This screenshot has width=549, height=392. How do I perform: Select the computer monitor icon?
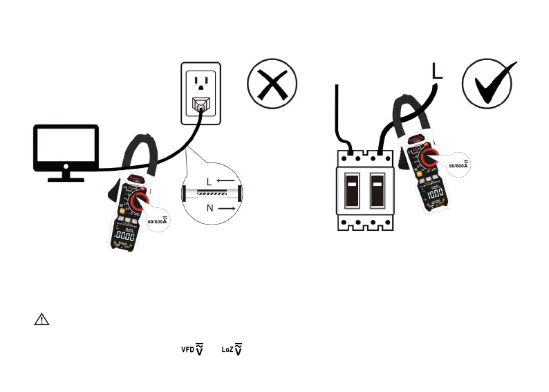point(67,152)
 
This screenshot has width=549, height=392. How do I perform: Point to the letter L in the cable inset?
point(209,182)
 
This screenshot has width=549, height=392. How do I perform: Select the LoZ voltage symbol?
point(232,350)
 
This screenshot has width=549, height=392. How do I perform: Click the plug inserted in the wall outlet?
point(201,105)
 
